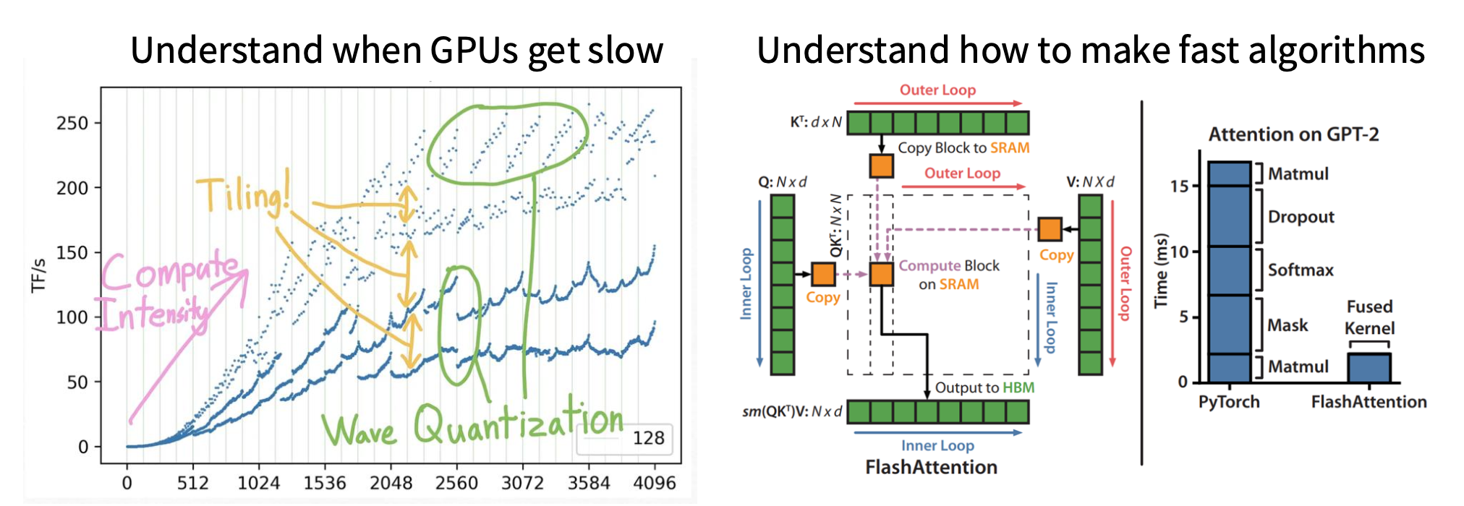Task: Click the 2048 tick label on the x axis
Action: [391, 482]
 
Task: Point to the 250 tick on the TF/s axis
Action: [72, 123]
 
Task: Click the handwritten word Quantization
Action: [518, 423]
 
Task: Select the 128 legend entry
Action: [647, 438]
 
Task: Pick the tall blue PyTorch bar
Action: [1229, 272]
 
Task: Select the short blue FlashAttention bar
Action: [1369, 367]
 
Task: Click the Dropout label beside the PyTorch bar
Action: [1301, 217]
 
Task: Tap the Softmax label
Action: [1301, 270]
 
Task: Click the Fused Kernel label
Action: [1369, 317]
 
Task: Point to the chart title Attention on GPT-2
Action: [1293, 134]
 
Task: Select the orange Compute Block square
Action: [881, 274]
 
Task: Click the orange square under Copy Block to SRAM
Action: [881, 166]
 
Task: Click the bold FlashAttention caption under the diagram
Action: [931, 467]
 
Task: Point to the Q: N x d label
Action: [782, 182]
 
